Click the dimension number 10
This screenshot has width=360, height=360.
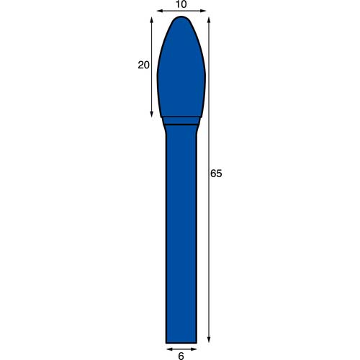pyautogui.click(x=181, y=4)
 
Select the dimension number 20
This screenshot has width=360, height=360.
pyautogui.click(x=143, y=65)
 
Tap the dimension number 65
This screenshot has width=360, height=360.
pyautogui.click(x=216, y=174)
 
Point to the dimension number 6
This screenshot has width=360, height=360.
pyautogui.click(x=181, y=356)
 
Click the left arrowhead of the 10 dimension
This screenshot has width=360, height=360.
pyautogui.click(x=159, y=11)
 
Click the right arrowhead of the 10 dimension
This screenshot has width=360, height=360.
pyautogui.click(x=204, y=11)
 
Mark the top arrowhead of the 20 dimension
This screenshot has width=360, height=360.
pyautogui.click(x=151, y=19)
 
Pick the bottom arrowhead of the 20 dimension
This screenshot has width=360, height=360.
pyautogui.click(x=151, y=114)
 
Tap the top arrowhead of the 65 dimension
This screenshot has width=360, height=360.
pyautogui.click(x=209, y=19)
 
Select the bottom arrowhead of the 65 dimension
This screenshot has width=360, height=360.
pyautogui.click(x=209, y=340)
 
